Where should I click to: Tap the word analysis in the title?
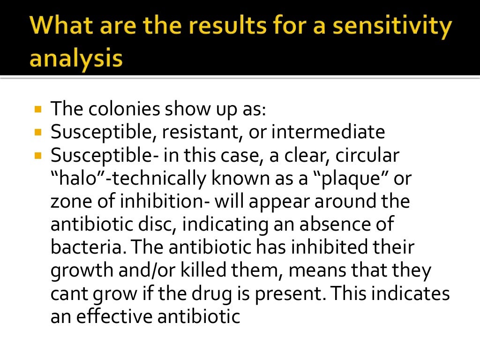coord(76,59)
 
